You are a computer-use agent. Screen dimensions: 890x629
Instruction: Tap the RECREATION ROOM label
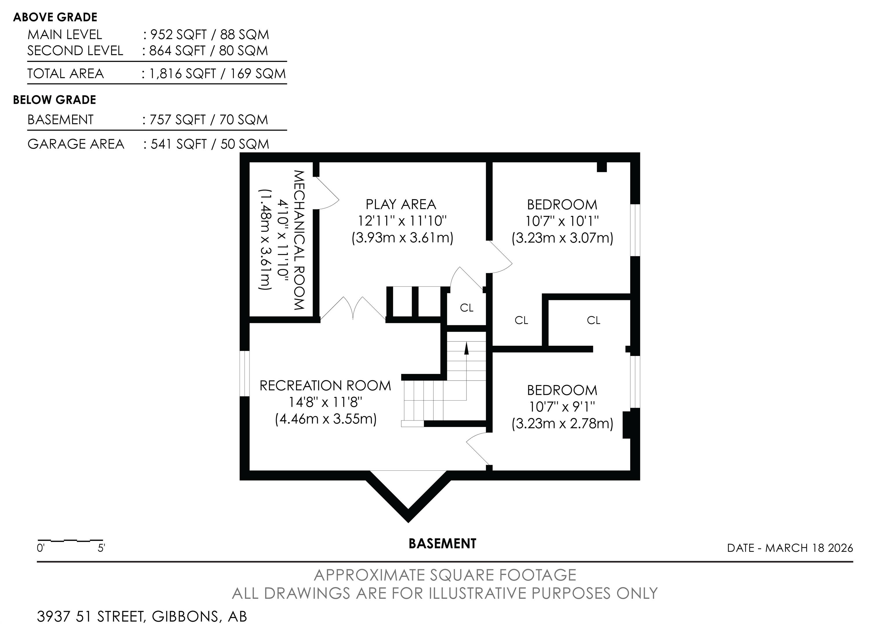point(325,386)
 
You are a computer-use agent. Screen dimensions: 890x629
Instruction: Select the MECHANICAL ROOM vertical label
point(298,240)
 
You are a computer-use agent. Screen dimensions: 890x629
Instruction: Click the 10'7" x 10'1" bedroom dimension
point(562,221)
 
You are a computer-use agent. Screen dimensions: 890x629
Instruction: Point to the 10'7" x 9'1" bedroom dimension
point(562,406)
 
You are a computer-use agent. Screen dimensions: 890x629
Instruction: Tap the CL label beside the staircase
point(467,308)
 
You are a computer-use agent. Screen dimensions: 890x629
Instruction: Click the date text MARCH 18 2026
point(809,548)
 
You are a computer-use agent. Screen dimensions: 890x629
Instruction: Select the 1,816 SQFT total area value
point(183,74)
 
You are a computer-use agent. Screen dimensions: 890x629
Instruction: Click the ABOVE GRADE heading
point(55,17)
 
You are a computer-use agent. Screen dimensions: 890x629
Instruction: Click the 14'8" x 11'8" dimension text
point(326,402)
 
